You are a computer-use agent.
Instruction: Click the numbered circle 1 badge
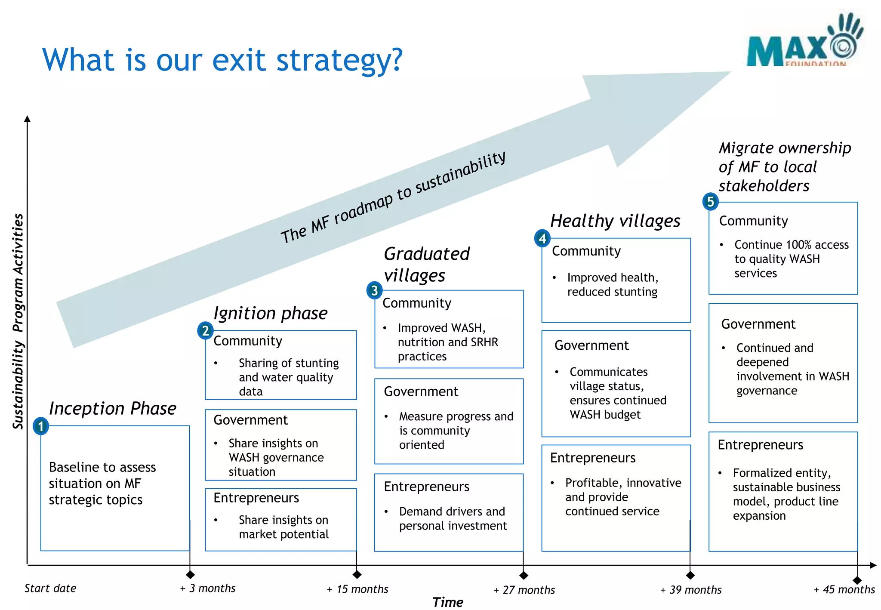pyautogui.click(x=41, y=426)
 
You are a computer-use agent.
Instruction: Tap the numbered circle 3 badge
pyautogui.click(x=374, y=291)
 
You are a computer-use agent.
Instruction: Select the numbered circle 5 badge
pyautogui.click(x=710, y=201)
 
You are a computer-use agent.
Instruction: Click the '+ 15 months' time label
pyautogui.click(x=357, y=589)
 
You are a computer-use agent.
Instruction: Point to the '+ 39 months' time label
pyautogui.click(x=691, y=589)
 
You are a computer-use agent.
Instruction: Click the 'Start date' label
pyautogui.click(x=50, y=588)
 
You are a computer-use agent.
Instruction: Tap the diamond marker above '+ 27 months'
pyautogui.click(x=524, y=575)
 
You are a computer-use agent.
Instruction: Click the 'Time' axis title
pyautogui.click(x=447, y=602)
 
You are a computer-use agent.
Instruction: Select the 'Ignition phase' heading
pyautogui.click(x=270, y=313)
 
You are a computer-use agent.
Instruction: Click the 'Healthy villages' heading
pyautogui.click(x=615, y=221)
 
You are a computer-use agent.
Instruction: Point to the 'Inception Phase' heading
pyautogui.click(x=112, y=408)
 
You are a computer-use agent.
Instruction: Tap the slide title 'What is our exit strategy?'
pyautogui.click(x=222, y=60)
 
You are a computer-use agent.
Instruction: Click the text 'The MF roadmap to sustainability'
pyautogui.click(x=393, y=198)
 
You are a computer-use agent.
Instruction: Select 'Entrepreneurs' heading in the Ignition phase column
pyautogui.click(x=256, y=498)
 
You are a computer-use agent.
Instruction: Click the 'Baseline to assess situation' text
pyautogui.click(x=102, y=483)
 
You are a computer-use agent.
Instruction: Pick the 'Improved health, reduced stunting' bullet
pyautogui.click(x=612, y=284)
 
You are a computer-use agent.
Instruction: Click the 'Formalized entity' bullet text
pyautogui.click(x=786, y=494)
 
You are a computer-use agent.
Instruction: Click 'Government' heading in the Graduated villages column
pyautogui.click(x=421, y=391)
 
